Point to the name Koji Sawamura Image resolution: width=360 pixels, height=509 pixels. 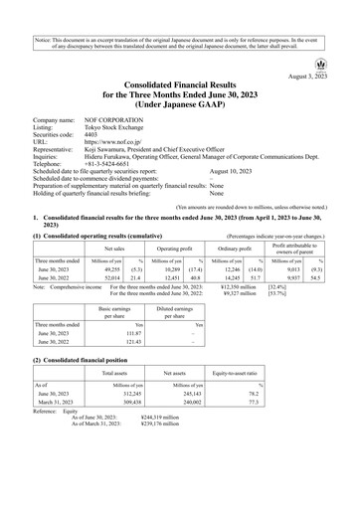[x=123, y=147]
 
